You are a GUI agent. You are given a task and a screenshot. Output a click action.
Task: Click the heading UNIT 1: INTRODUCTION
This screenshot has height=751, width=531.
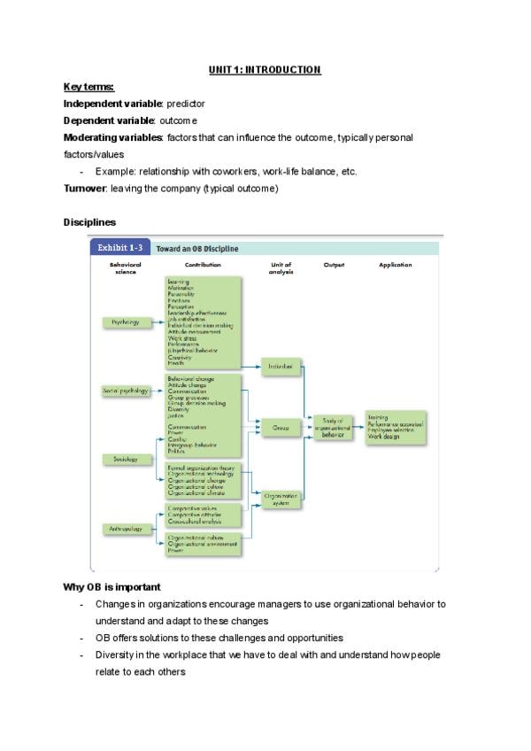265,69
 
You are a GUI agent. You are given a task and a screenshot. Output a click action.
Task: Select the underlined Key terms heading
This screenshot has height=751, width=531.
88,87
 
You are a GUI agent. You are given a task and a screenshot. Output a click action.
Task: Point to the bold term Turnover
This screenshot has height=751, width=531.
85,189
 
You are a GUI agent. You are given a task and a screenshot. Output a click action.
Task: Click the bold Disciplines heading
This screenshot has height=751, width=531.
89,221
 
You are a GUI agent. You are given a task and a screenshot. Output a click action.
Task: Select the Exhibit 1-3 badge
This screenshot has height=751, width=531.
120,249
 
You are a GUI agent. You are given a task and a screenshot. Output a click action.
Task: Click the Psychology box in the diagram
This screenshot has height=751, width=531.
126,322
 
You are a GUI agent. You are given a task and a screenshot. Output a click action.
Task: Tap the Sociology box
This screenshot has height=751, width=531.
125,459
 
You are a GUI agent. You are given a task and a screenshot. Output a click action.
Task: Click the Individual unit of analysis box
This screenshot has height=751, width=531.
281,365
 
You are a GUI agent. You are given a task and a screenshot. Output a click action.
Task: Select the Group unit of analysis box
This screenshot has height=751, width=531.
281,428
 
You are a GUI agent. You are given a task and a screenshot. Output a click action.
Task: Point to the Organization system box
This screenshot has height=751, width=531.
281,499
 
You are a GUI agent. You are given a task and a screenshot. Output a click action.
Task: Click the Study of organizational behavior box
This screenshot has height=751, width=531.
333,427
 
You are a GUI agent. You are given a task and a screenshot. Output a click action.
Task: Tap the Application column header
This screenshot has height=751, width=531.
395,265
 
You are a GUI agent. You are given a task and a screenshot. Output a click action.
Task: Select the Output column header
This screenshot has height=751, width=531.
334,265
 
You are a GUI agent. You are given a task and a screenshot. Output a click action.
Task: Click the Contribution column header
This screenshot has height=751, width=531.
203,265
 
